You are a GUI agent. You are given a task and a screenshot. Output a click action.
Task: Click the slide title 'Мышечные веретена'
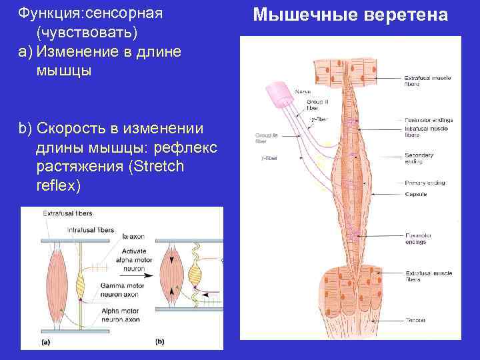[351, 14]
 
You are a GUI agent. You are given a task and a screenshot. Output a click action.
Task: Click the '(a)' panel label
[45, 343]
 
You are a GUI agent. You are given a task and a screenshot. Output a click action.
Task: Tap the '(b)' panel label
[159, 343]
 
